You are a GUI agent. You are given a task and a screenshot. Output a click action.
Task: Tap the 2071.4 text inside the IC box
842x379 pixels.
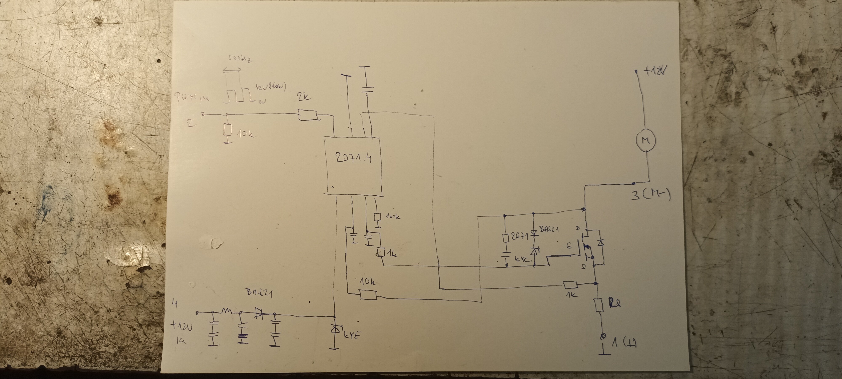354,159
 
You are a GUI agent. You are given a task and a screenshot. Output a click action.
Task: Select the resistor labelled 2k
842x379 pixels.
308,115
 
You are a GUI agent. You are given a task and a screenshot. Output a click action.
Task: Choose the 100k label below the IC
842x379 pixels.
392,216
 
